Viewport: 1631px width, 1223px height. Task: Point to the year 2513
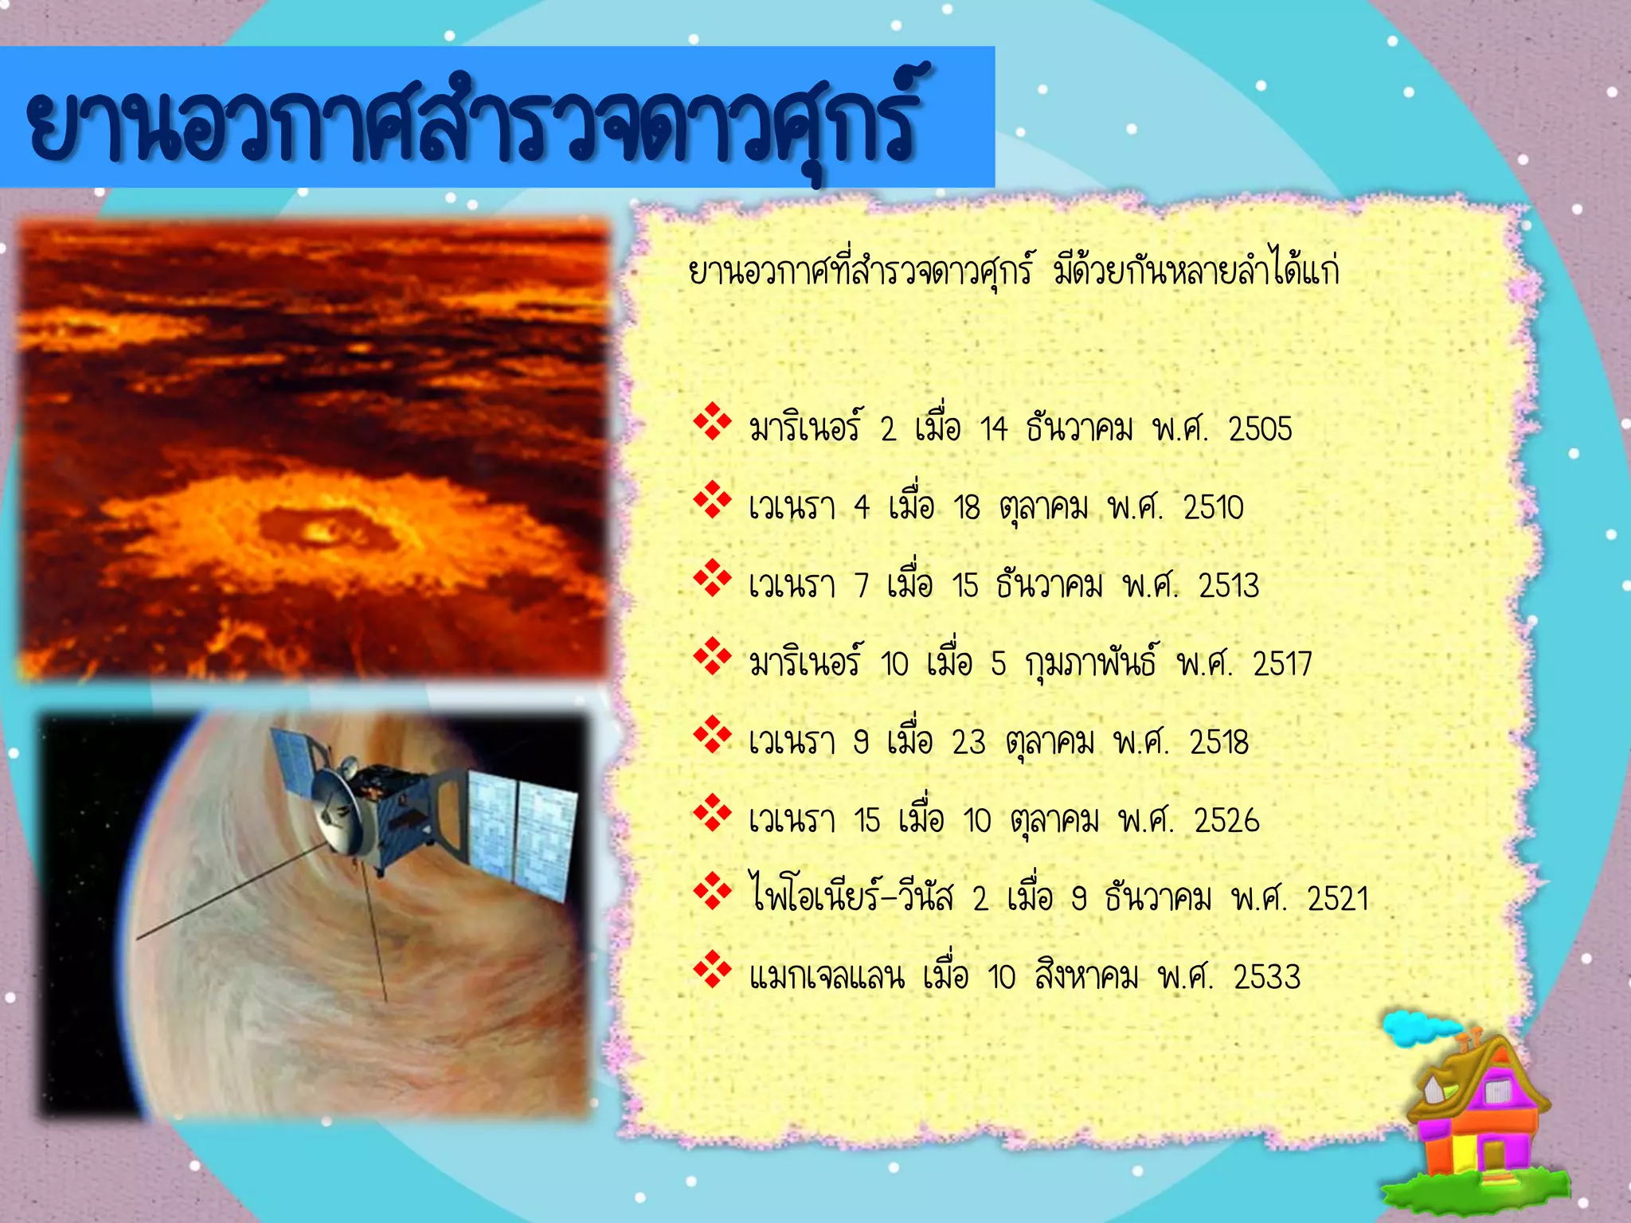[1229, 586]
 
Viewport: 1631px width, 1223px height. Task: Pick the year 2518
[1218, 742]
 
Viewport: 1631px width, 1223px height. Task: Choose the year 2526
[1226, 820]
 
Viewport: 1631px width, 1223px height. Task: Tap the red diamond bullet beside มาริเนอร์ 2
[712, 422]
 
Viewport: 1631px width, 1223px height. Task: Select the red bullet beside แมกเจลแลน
[712, 970]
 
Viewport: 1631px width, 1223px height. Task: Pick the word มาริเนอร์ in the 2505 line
[805, 428]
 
